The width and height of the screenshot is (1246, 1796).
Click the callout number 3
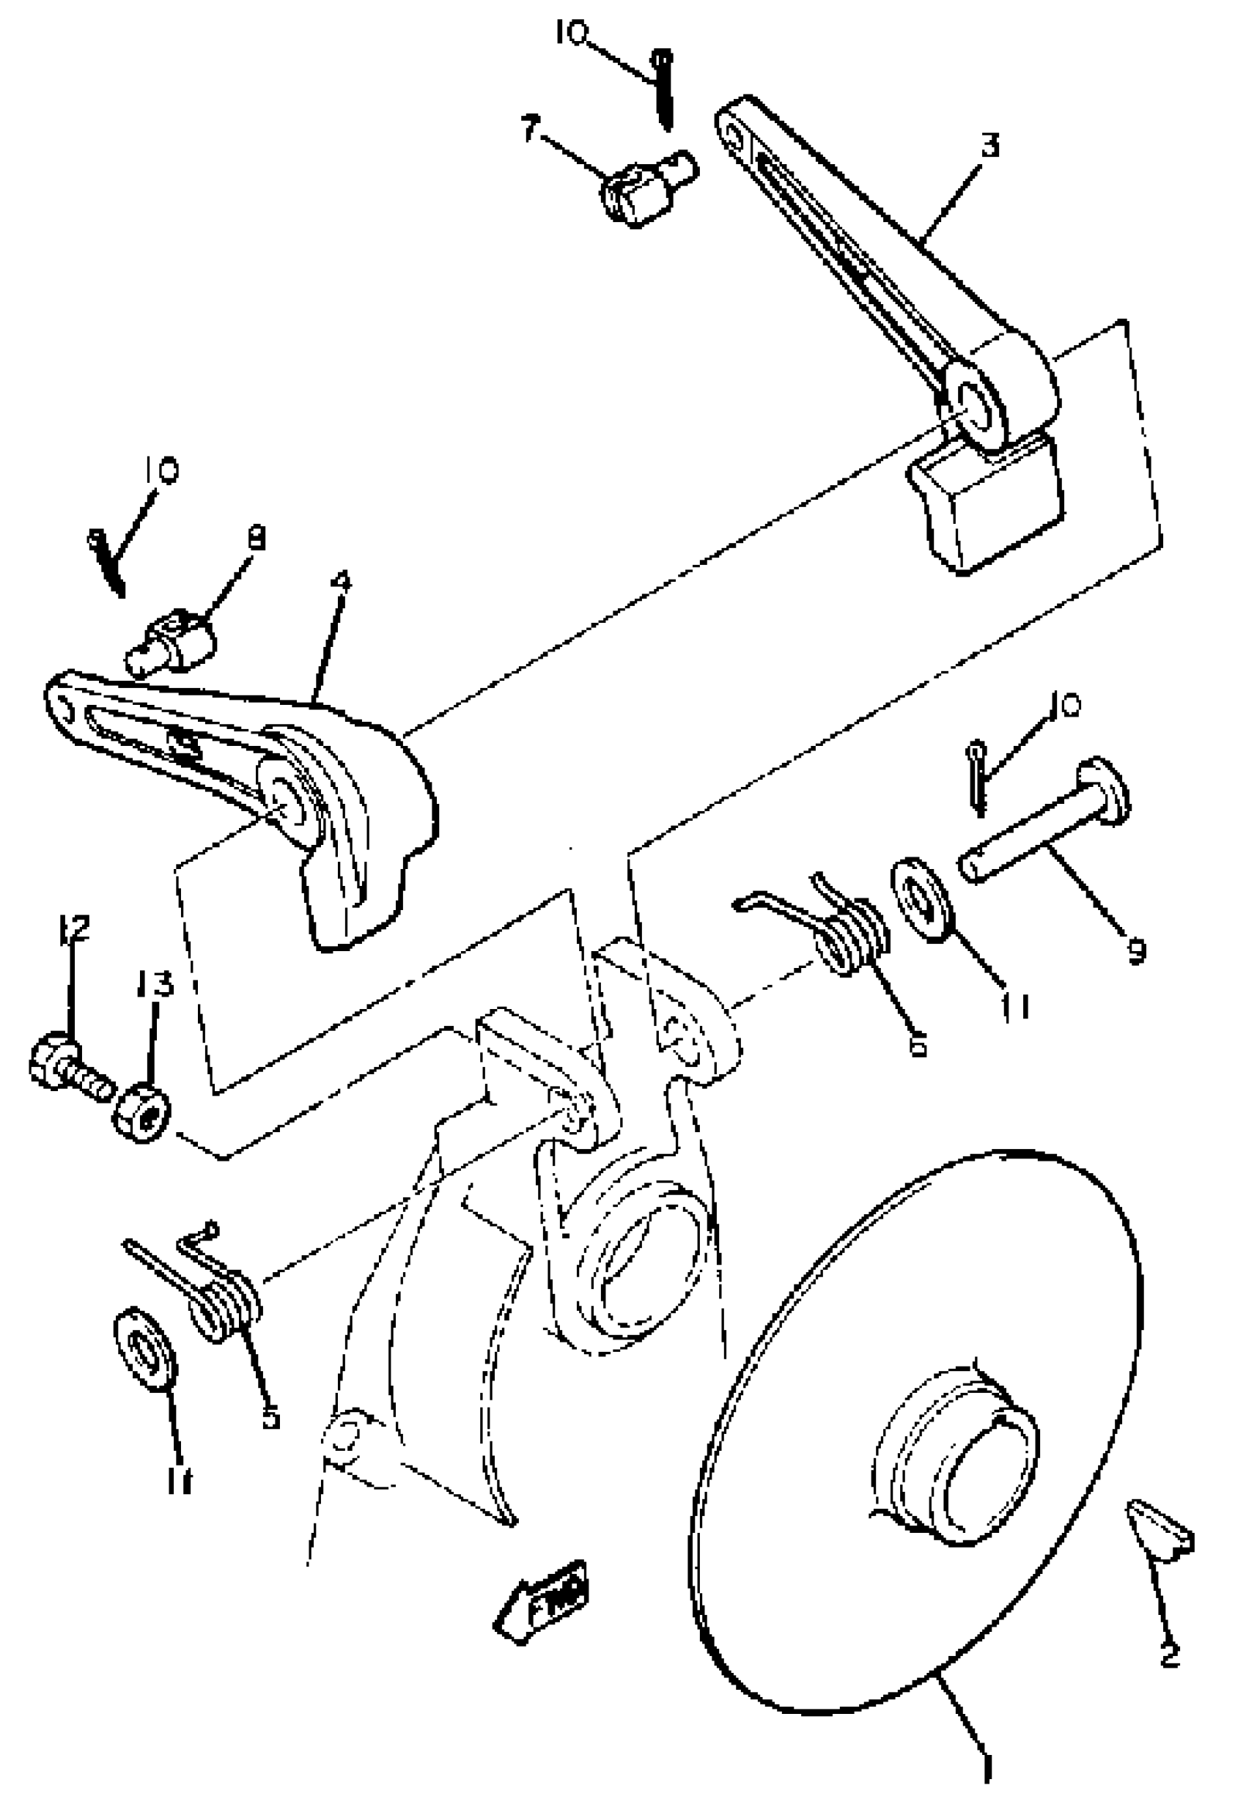click(x=989, y=145)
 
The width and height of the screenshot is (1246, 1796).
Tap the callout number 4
click(x=342, y=582)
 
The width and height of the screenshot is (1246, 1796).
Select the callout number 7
click(x=530, y=129)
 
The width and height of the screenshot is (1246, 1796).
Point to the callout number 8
click(x=256, y=537)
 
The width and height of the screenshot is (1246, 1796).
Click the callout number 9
click(x=1136, y=950)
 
